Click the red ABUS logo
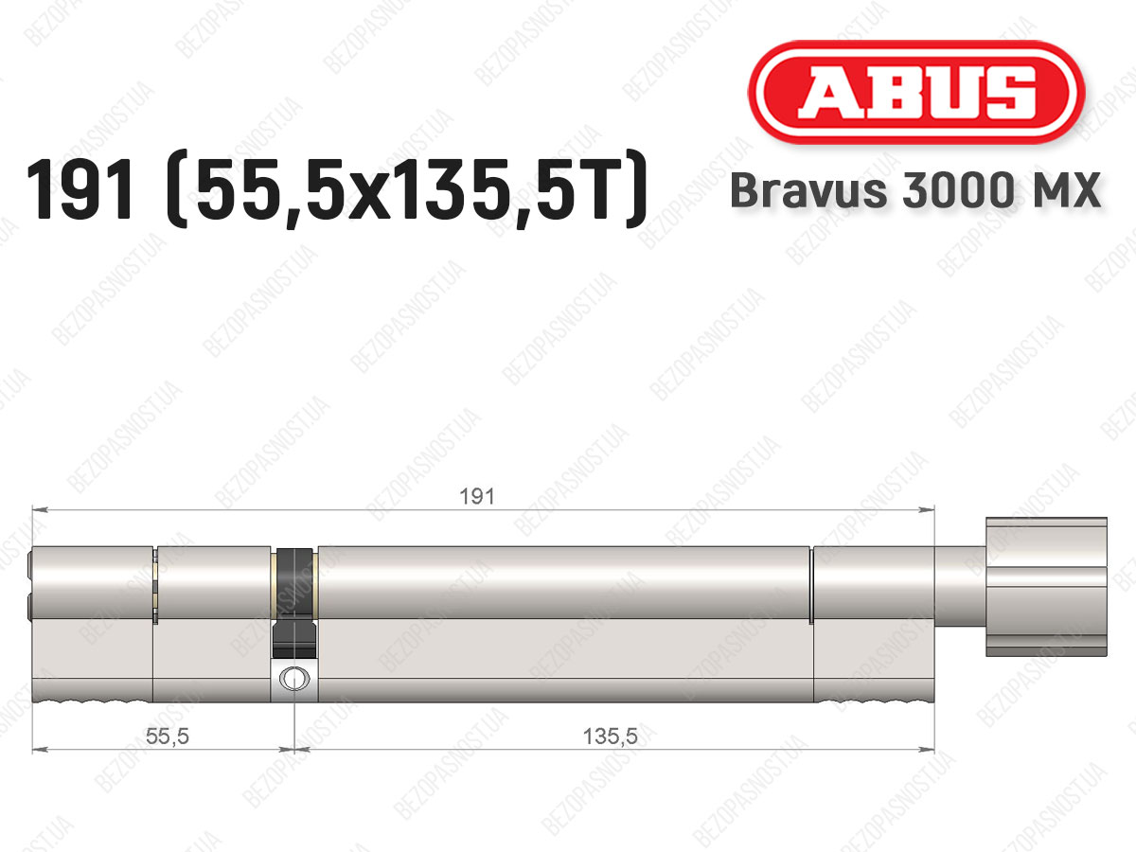coord(916,93)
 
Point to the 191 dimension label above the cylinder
coord(477,497)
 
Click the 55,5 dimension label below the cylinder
coord(167,737)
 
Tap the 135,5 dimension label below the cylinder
coord(611,737)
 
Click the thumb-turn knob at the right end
coord(1046,587)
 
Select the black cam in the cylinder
coord(294,603)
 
